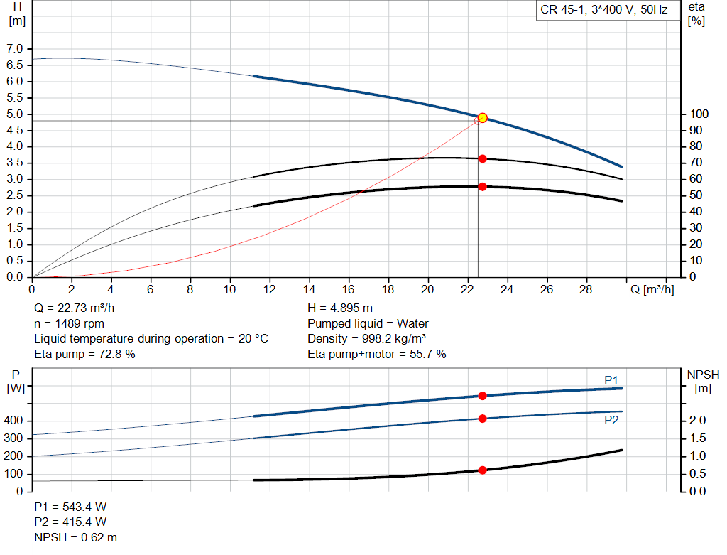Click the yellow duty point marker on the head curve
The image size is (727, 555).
pos(482,118)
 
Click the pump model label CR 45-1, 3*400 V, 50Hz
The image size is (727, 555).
pos(603,10)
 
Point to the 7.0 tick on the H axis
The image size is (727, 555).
pos(14,49)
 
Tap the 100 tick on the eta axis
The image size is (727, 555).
pos(699,114)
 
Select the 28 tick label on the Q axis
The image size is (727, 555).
pos(586,289)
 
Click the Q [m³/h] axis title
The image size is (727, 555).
pos(652,289)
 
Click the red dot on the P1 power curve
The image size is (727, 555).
pos(482,396)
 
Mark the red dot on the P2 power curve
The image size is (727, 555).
pos(482,419)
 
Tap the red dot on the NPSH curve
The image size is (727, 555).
pos(482,470)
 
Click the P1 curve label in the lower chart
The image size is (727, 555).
pos(611,380)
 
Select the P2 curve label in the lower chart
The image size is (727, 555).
pos(611,421)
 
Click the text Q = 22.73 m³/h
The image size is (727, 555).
pos(74,308)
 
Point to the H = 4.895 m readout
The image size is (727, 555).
pos(340,308)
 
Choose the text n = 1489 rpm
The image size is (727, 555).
pos(69,323)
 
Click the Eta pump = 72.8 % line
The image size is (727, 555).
pos(85,354)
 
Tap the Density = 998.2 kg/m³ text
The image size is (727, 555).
pos(367,339)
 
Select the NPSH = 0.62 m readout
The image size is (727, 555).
pos(75,537)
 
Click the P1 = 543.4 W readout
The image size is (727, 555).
pos(70,507)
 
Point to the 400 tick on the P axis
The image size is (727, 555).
pos(13,421)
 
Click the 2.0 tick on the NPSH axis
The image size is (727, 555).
pos(697,421)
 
